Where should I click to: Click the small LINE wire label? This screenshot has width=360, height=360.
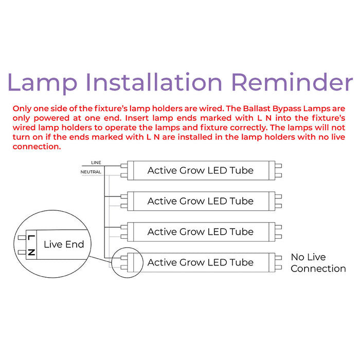(x=96, y=163)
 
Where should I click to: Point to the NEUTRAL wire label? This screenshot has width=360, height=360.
(x=91, y=172)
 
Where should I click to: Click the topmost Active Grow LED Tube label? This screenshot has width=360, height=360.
(x=200, y=170)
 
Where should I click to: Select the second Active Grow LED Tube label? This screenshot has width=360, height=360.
(x=200, y=201)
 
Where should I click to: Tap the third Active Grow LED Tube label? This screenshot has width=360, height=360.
(x=200, y=232)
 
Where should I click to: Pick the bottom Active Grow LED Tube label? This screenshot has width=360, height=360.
(x=200, y=262)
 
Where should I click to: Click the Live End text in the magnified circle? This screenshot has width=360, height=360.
(x=64, y=244)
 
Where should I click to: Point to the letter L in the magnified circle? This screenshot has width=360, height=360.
(x=31, y=238)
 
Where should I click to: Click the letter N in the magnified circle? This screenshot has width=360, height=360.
(x=31, y=251)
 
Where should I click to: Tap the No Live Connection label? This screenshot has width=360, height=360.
(x=318, y=263)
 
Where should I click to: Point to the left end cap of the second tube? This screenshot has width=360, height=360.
(x=123, y=201)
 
